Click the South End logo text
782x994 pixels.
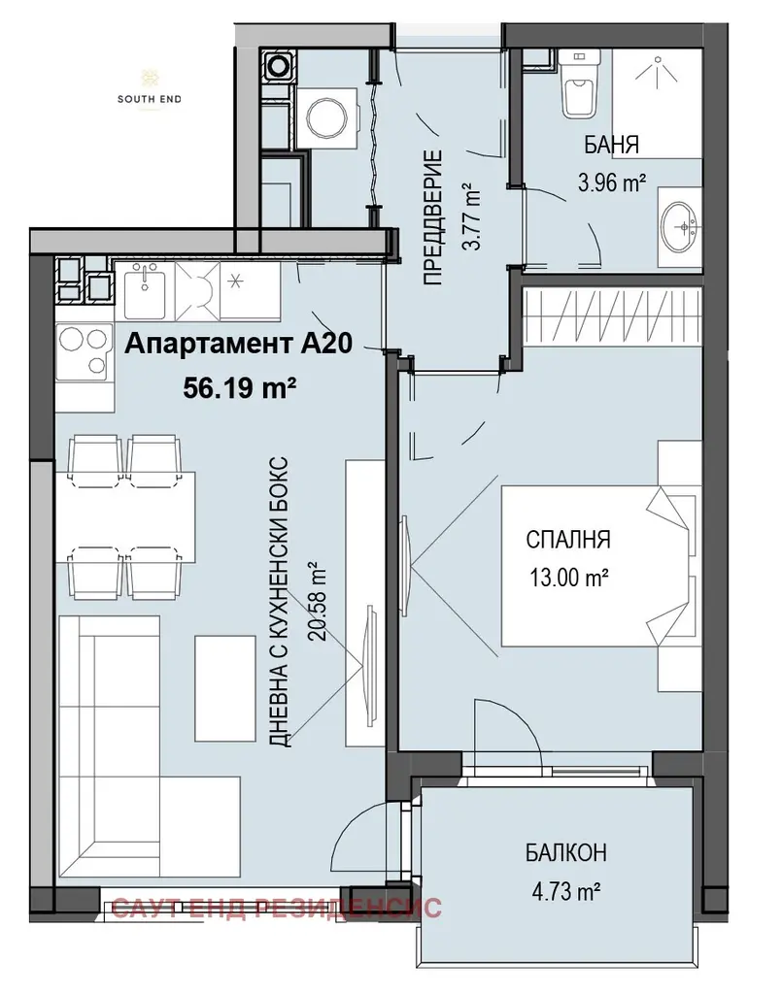[149, 99]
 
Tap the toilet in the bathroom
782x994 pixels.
[580, 84]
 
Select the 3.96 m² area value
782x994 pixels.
[611, 183]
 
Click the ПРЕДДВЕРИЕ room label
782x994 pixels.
[433, 217]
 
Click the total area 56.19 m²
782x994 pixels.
[240, 386]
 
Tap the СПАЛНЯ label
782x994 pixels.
[568, 540]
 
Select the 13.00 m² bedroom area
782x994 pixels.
[569, 578]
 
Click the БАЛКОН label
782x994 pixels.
[565, 852]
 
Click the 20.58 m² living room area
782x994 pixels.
[316, 601]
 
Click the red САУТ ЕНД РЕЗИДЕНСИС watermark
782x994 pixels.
[277, 908]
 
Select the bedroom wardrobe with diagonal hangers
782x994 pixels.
[614, 317]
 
